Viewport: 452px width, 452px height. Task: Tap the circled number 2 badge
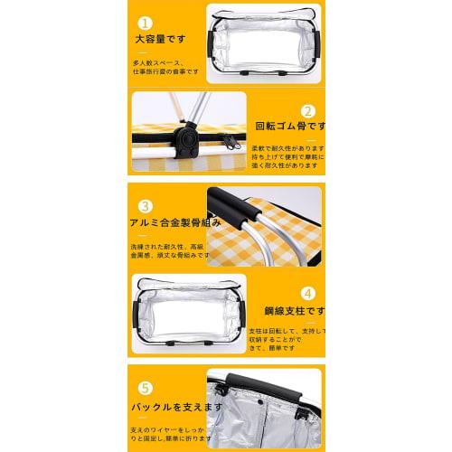[306, 109]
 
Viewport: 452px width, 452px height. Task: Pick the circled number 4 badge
[307, 293]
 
